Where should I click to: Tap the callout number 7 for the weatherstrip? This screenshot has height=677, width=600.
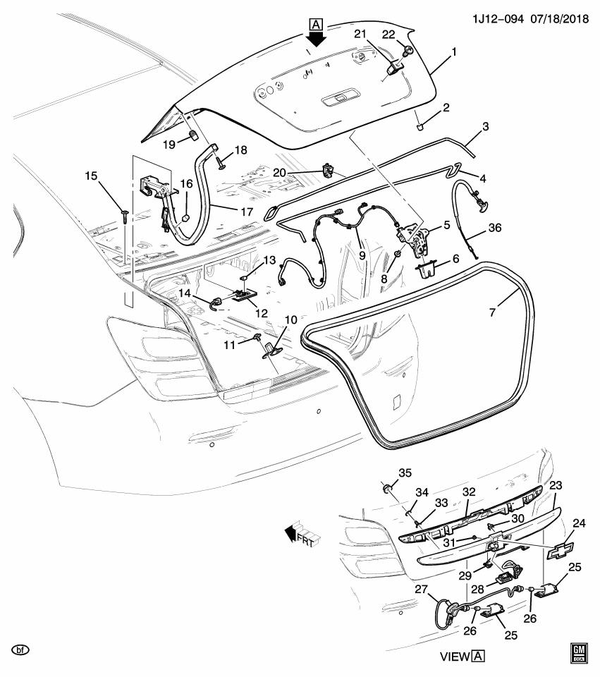492,310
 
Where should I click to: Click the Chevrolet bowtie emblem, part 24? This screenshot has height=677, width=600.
561,551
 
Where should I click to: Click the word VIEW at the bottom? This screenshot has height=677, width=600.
455,657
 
